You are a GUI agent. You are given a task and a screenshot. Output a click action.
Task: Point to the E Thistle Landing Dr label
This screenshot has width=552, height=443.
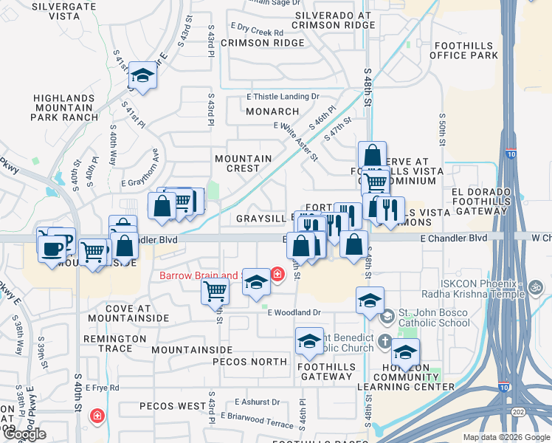283,97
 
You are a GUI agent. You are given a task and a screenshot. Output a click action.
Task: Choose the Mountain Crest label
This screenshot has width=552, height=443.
243,163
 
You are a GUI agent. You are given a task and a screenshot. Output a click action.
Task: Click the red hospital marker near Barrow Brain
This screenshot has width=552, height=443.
277,275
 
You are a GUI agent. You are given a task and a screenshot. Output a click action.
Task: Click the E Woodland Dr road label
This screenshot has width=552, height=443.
294,313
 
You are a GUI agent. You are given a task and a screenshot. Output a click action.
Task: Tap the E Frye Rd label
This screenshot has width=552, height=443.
103,387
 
